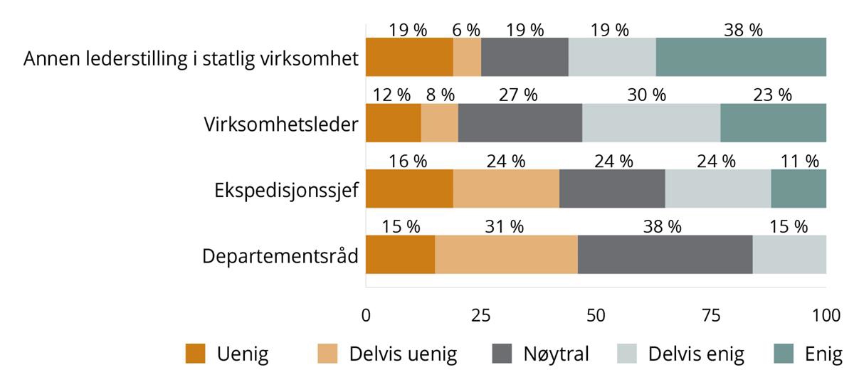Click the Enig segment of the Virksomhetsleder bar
[x=773, y=122]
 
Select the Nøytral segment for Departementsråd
[x=665, y=254]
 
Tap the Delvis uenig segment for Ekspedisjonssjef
[x=506, y=189]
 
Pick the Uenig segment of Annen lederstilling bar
[x=409, y=57]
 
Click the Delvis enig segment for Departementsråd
[x=789, y=254]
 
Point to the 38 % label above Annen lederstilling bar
[x=743, y=30]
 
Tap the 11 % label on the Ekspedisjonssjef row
[x=800, y=161]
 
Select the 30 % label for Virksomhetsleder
[x=647, y=95]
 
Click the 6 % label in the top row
[x=467, y=30]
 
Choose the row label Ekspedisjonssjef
[x=286, y=190]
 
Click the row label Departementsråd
[x=280, y=255]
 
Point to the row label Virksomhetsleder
[x=280, y=124]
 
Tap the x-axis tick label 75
[x=710, y=315]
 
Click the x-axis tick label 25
[x=481, y=315]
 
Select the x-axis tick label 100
[x=826, y=315]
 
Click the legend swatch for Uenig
[x=195, y=354]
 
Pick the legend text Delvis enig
[x=696, y=354]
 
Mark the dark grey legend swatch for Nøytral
[x=502, y=354]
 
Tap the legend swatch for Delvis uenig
[x=327, y=354]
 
